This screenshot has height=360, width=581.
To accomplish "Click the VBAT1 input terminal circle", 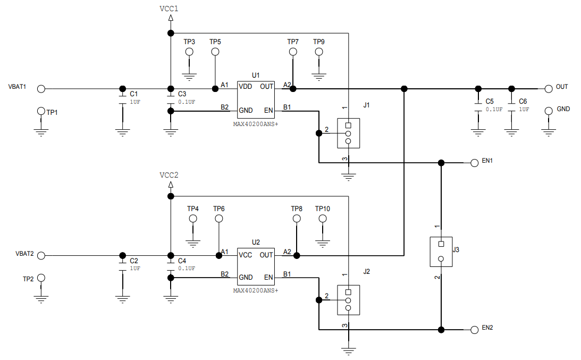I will (41, 89).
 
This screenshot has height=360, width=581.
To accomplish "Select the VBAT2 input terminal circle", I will (41, 255).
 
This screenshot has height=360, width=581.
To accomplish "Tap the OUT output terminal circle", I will (548, 88).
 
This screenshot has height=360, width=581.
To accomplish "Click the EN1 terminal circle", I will (474, 163).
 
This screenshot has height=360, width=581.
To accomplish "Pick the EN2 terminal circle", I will (474, 330).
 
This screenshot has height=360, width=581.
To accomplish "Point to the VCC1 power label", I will (169, 9).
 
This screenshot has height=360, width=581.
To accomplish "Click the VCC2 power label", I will (169, 175).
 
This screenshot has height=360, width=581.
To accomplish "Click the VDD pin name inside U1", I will (245, 86).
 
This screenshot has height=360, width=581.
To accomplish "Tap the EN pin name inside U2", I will (268, 277).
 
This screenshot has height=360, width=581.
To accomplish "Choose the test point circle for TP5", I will (215, 52).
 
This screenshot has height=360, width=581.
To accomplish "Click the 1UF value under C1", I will (135, 102).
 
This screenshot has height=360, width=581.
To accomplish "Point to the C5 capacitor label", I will (490, 101).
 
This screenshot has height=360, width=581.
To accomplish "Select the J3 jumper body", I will (441, 252).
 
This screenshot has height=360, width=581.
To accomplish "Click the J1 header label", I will (366, 105).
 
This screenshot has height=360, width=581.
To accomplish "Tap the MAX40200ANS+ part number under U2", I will (256, 290).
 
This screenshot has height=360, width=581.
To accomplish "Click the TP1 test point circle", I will (41, 111).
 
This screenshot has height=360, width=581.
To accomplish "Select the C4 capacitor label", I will (182, 261).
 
